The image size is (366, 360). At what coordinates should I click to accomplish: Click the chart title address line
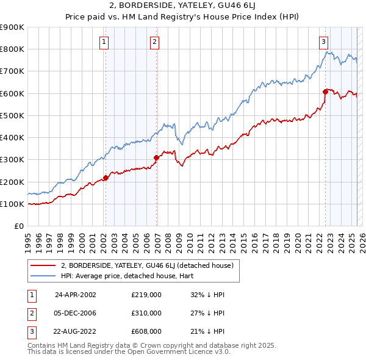182,7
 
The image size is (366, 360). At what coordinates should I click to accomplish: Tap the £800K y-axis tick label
12,49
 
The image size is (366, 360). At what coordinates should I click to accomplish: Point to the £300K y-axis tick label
12,160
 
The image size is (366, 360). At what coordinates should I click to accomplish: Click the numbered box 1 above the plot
104,42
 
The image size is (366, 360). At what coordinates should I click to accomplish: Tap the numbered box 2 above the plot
155,42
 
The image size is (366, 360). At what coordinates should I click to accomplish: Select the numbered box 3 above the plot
323,42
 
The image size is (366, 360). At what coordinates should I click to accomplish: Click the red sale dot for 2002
106,178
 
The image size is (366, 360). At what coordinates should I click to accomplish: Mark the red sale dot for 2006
157,157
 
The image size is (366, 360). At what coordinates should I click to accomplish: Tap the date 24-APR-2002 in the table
76,294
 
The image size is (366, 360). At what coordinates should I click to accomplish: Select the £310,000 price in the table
146,313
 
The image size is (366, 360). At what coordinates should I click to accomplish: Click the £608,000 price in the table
146,332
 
